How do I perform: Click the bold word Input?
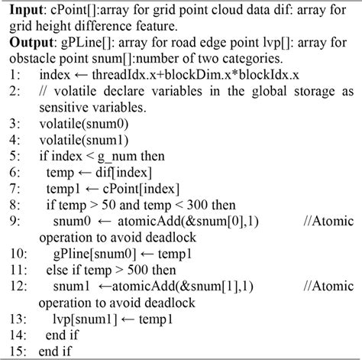[25, 11]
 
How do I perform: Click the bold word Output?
[31, 43]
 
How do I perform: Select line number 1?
[15, 74]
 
